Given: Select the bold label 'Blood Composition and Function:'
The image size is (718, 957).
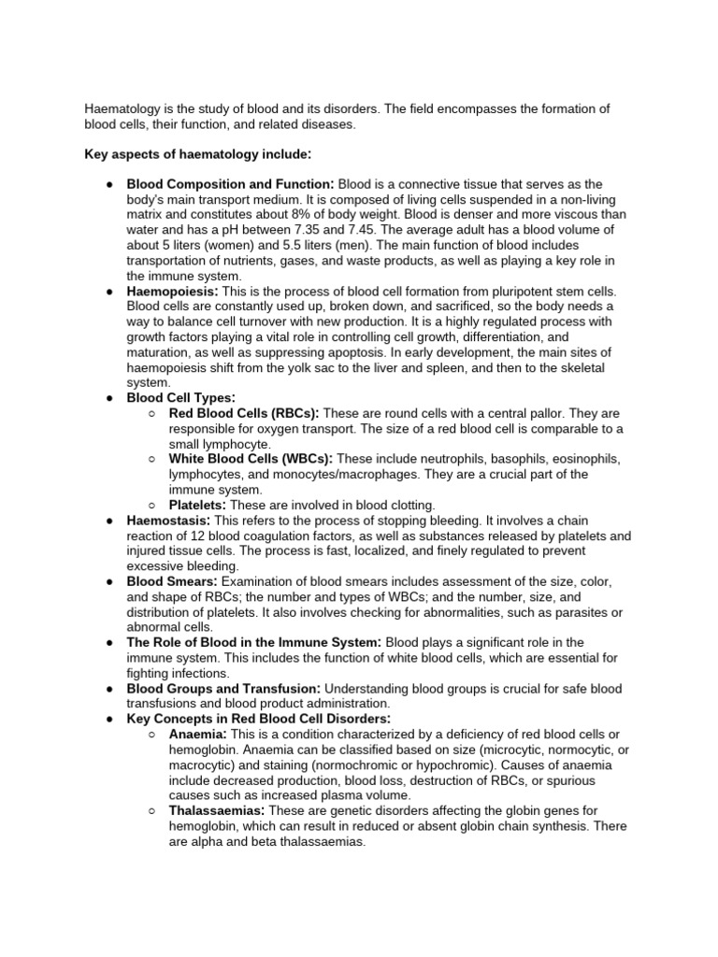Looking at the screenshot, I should click(230, 184).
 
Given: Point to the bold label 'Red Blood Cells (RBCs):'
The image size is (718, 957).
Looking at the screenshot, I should click(244, 413).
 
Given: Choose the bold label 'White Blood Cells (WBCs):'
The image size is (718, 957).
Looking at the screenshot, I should click(251, 459).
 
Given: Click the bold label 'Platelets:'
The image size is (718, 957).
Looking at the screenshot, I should click(198, 505).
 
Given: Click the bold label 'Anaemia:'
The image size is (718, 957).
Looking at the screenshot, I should click(198, 735).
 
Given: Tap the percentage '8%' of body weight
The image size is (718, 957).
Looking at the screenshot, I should click(285, 215).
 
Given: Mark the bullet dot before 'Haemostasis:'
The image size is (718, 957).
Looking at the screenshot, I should click(109, 520).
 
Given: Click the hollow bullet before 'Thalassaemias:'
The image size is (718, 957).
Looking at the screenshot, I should click(152, 810).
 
